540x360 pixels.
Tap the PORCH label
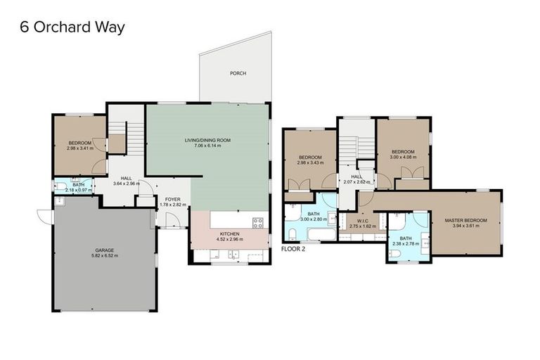coord(238,73)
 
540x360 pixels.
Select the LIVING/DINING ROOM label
coord(207,140)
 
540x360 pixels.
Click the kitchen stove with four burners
coord(257,224)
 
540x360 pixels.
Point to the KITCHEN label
coord(230,233)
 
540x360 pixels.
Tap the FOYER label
coord(172,200)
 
